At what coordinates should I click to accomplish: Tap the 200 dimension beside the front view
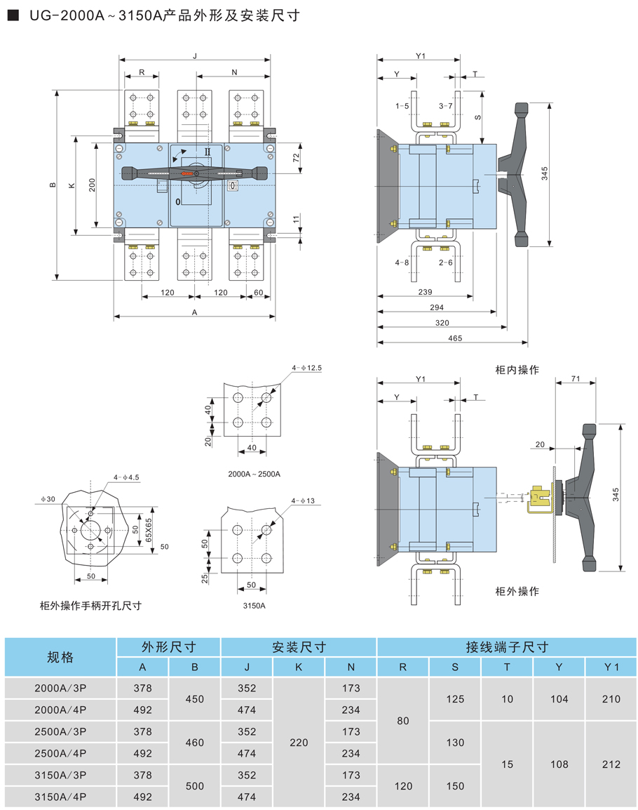pyautogui.click(x=93, y=184)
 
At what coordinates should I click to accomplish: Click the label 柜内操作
pyautogui.click(x=517, y=369)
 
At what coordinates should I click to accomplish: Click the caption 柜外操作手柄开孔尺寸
pyautogui.click(x=90, y=605)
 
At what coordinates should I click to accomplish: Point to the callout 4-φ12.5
pyautogui.click(x=308, y=368)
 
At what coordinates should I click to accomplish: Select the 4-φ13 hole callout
pyautogui.click(x=304, y=500)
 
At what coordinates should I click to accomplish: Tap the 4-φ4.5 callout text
pyautogui.click(x=127, y=477)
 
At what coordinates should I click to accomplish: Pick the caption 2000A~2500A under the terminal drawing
pyautogui.click(x=254, y=474)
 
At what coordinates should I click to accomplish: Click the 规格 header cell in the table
pyautogui.click(x=60, y=657)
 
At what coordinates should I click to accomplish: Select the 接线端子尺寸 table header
pyautogui.click(x=507, y=646)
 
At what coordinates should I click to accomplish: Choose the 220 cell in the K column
pyautogui.click(x=299, y=743)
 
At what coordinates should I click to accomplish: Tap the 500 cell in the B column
pyautogui.click(x=194, y=786)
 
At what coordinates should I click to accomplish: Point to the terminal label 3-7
pyautogui.click(x=446, y=106)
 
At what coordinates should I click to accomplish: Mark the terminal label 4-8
pyautogui.click(x=402, y=263)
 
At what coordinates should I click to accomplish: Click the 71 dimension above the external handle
pyautogui.click(x=575, y=380)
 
